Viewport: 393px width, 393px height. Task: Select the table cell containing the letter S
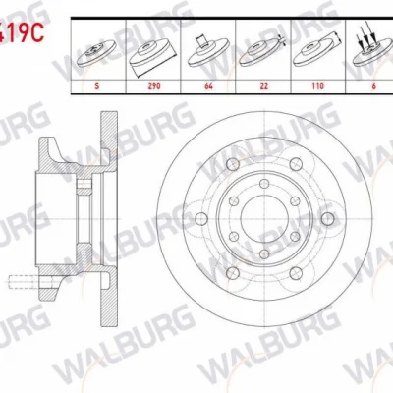click(96, 85)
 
